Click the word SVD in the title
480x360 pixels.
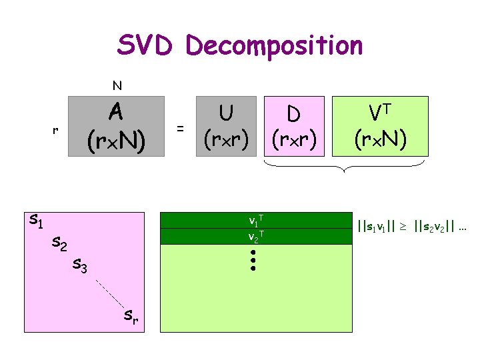146,45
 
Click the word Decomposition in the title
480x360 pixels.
275,47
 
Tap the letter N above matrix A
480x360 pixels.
117,85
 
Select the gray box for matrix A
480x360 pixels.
116,126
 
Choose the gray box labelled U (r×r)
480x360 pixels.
226,126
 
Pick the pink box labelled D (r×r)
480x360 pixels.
293,126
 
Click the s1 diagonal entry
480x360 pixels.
37,219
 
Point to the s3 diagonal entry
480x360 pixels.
80,267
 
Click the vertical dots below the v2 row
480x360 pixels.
253,260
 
